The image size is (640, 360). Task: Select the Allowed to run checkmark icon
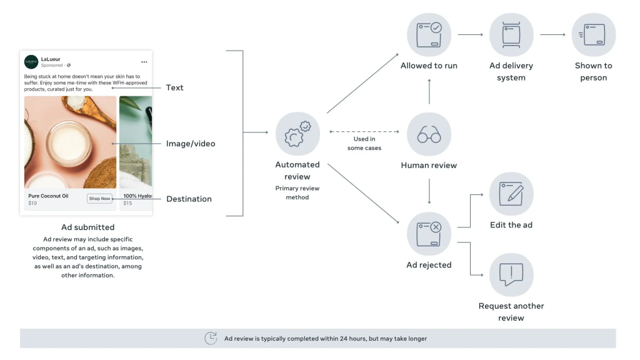(429, 35)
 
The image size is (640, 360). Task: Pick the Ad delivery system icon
(511, 35)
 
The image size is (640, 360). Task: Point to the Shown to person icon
(593, 35)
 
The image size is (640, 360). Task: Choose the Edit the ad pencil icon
(511, 194)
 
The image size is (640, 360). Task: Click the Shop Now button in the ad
(99, 199)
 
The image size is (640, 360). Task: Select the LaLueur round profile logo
(31, 62)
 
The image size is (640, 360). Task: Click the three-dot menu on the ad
(144, 62)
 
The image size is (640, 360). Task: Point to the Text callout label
(175, 87)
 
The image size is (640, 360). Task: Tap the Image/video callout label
(191, 144)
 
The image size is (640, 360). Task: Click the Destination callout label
(189, 199)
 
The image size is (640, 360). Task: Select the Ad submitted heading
(87, 227)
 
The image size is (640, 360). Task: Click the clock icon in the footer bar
(211, 338)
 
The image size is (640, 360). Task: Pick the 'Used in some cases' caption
(364, 143)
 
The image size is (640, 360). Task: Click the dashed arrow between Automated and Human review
(364, 131)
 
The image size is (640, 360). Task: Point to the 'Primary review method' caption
(297, 192)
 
